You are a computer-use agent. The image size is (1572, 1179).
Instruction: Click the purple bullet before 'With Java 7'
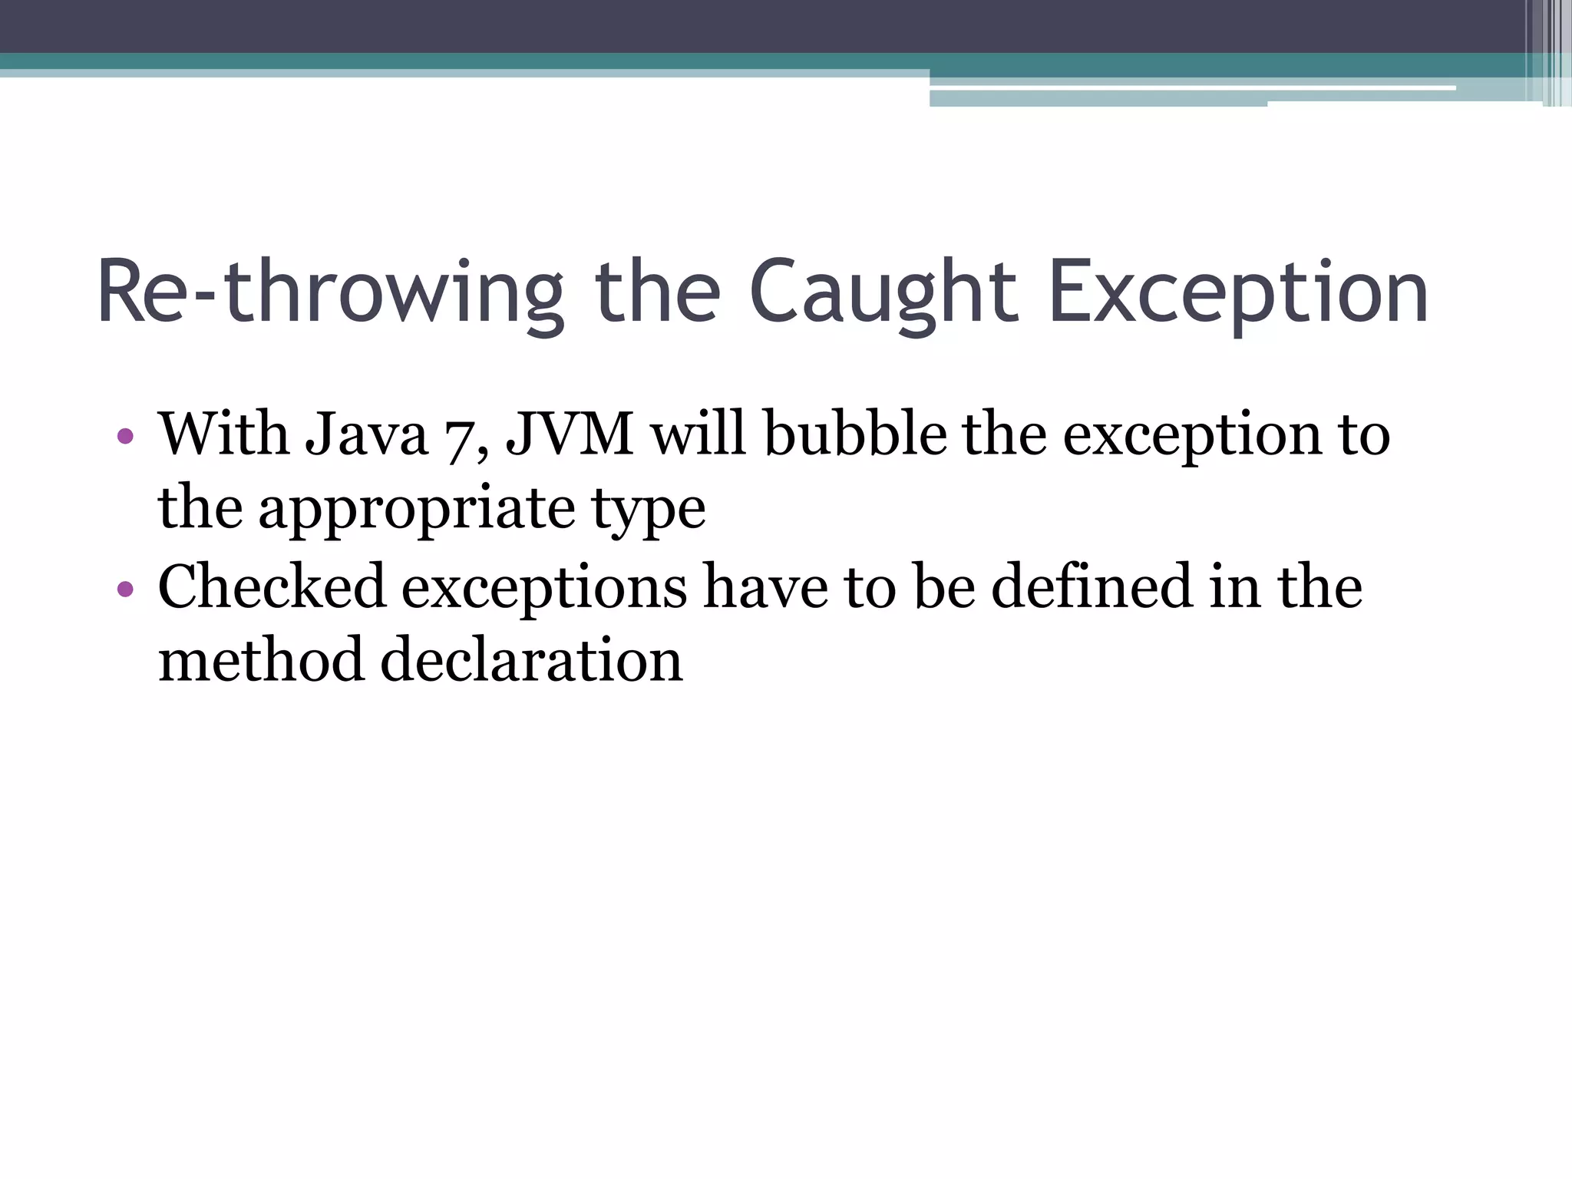pyautogui.click(x=125, y=438)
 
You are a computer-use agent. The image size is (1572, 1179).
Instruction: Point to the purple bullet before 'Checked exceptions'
pyautogui.click(x=125, y=589)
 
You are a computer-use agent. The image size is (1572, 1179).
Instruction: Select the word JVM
pyautogui.click(x=570, y=434)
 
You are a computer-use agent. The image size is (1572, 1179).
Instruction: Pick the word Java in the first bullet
pyautogui.click(x=366, y=434)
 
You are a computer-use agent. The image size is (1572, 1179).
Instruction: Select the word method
pyautogui.click(x=260, y=660)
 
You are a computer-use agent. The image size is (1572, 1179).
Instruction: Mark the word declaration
pyautogui.click(x=531, y=660)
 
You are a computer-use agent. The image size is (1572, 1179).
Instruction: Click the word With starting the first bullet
pyautogui.click(x=223, y=434)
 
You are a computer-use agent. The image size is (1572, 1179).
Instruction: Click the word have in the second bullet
pyautogui.click(x=765, y=586)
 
